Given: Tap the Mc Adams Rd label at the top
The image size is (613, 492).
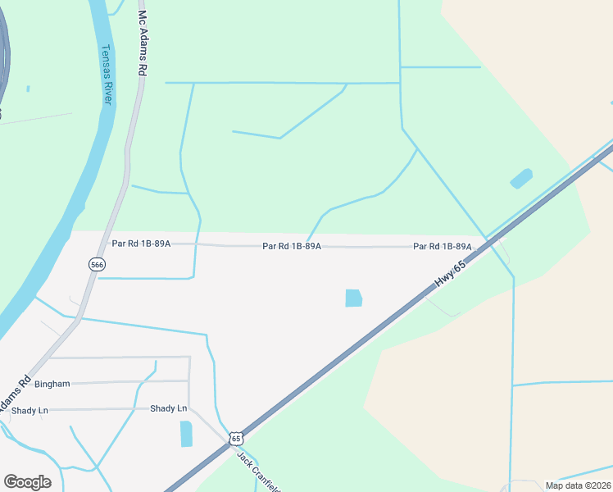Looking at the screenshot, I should (142, 44).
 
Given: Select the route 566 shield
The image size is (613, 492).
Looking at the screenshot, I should (97, 264).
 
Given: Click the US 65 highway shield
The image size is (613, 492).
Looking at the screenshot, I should (236, 438).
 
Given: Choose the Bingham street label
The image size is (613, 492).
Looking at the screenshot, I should (52, 383).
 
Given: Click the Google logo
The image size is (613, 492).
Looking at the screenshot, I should (27, 481).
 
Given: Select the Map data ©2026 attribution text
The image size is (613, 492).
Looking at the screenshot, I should (578, 485).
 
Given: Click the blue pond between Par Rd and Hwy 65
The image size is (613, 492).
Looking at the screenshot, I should (353, 298).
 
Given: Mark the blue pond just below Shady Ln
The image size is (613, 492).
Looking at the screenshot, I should (186, 433).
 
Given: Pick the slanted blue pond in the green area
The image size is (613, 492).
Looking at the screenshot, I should (521, 178).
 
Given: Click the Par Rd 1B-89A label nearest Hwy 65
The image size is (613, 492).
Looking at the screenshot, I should (443, 246).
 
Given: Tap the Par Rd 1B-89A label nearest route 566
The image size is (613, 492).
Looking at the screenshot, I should (141, 244).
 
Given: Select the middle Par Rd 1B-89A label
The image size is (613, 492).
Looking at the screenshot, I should (292, 245).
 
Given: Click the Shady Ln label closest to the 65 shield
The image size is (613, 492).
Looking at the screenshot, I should (169, 408).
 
